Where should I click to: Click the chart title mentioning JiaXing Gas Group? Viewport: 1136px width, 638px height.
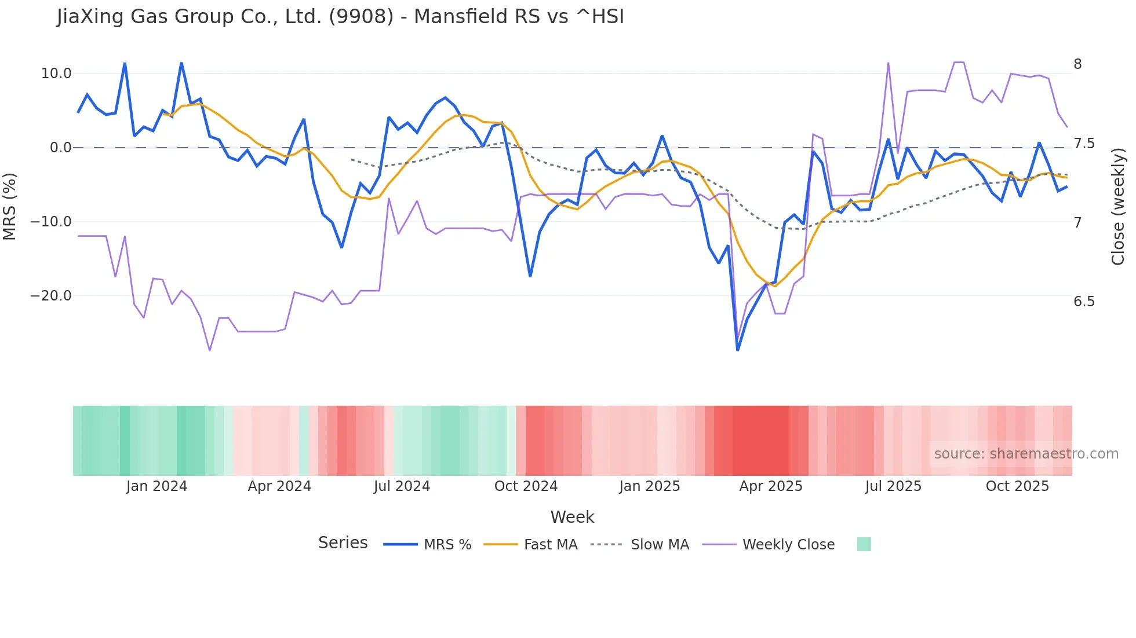coord(340,17)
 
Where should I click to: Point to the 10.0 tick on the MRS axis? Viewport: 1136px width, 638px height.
coord(56,74)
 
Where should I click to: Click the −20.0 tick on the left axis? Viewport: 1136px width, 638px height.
coord(51,296)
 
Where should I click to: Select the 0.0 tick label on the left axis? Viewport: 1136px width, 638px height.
coord(61,148)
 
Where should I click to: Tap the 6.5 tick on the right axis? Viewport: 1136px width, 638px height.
coord(1084,302)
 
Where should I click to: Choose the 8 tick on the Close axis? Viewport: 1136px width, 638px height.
coord(1077,64)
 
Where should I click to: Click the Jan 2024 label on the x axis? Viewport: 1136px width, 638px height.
coord(156,486)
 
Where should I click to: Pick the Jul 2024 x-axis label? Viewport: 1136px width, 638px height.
coord(402,486)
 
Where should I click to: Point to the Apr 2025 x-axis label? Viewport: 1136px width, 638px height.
coord(770,486)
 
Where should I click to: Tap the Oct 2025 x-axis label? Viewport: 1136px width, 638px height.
coord(1017,486)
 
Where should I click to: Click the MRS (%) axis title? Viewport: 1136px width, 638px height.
coord(10,206)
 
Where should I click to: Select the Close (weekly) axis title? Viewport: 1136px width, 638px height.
coord(1118,206)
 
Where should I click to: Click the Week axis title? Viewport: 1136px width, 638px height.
coord(572,517)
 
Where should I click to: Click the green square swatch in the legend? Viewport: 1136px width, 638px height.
coord(864,544)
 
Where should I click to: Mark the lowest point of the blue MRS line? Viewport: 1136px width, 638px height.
coord(737,350)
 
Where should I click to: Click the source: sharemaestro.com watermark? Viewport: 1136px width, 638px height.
coord(1026,454)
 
